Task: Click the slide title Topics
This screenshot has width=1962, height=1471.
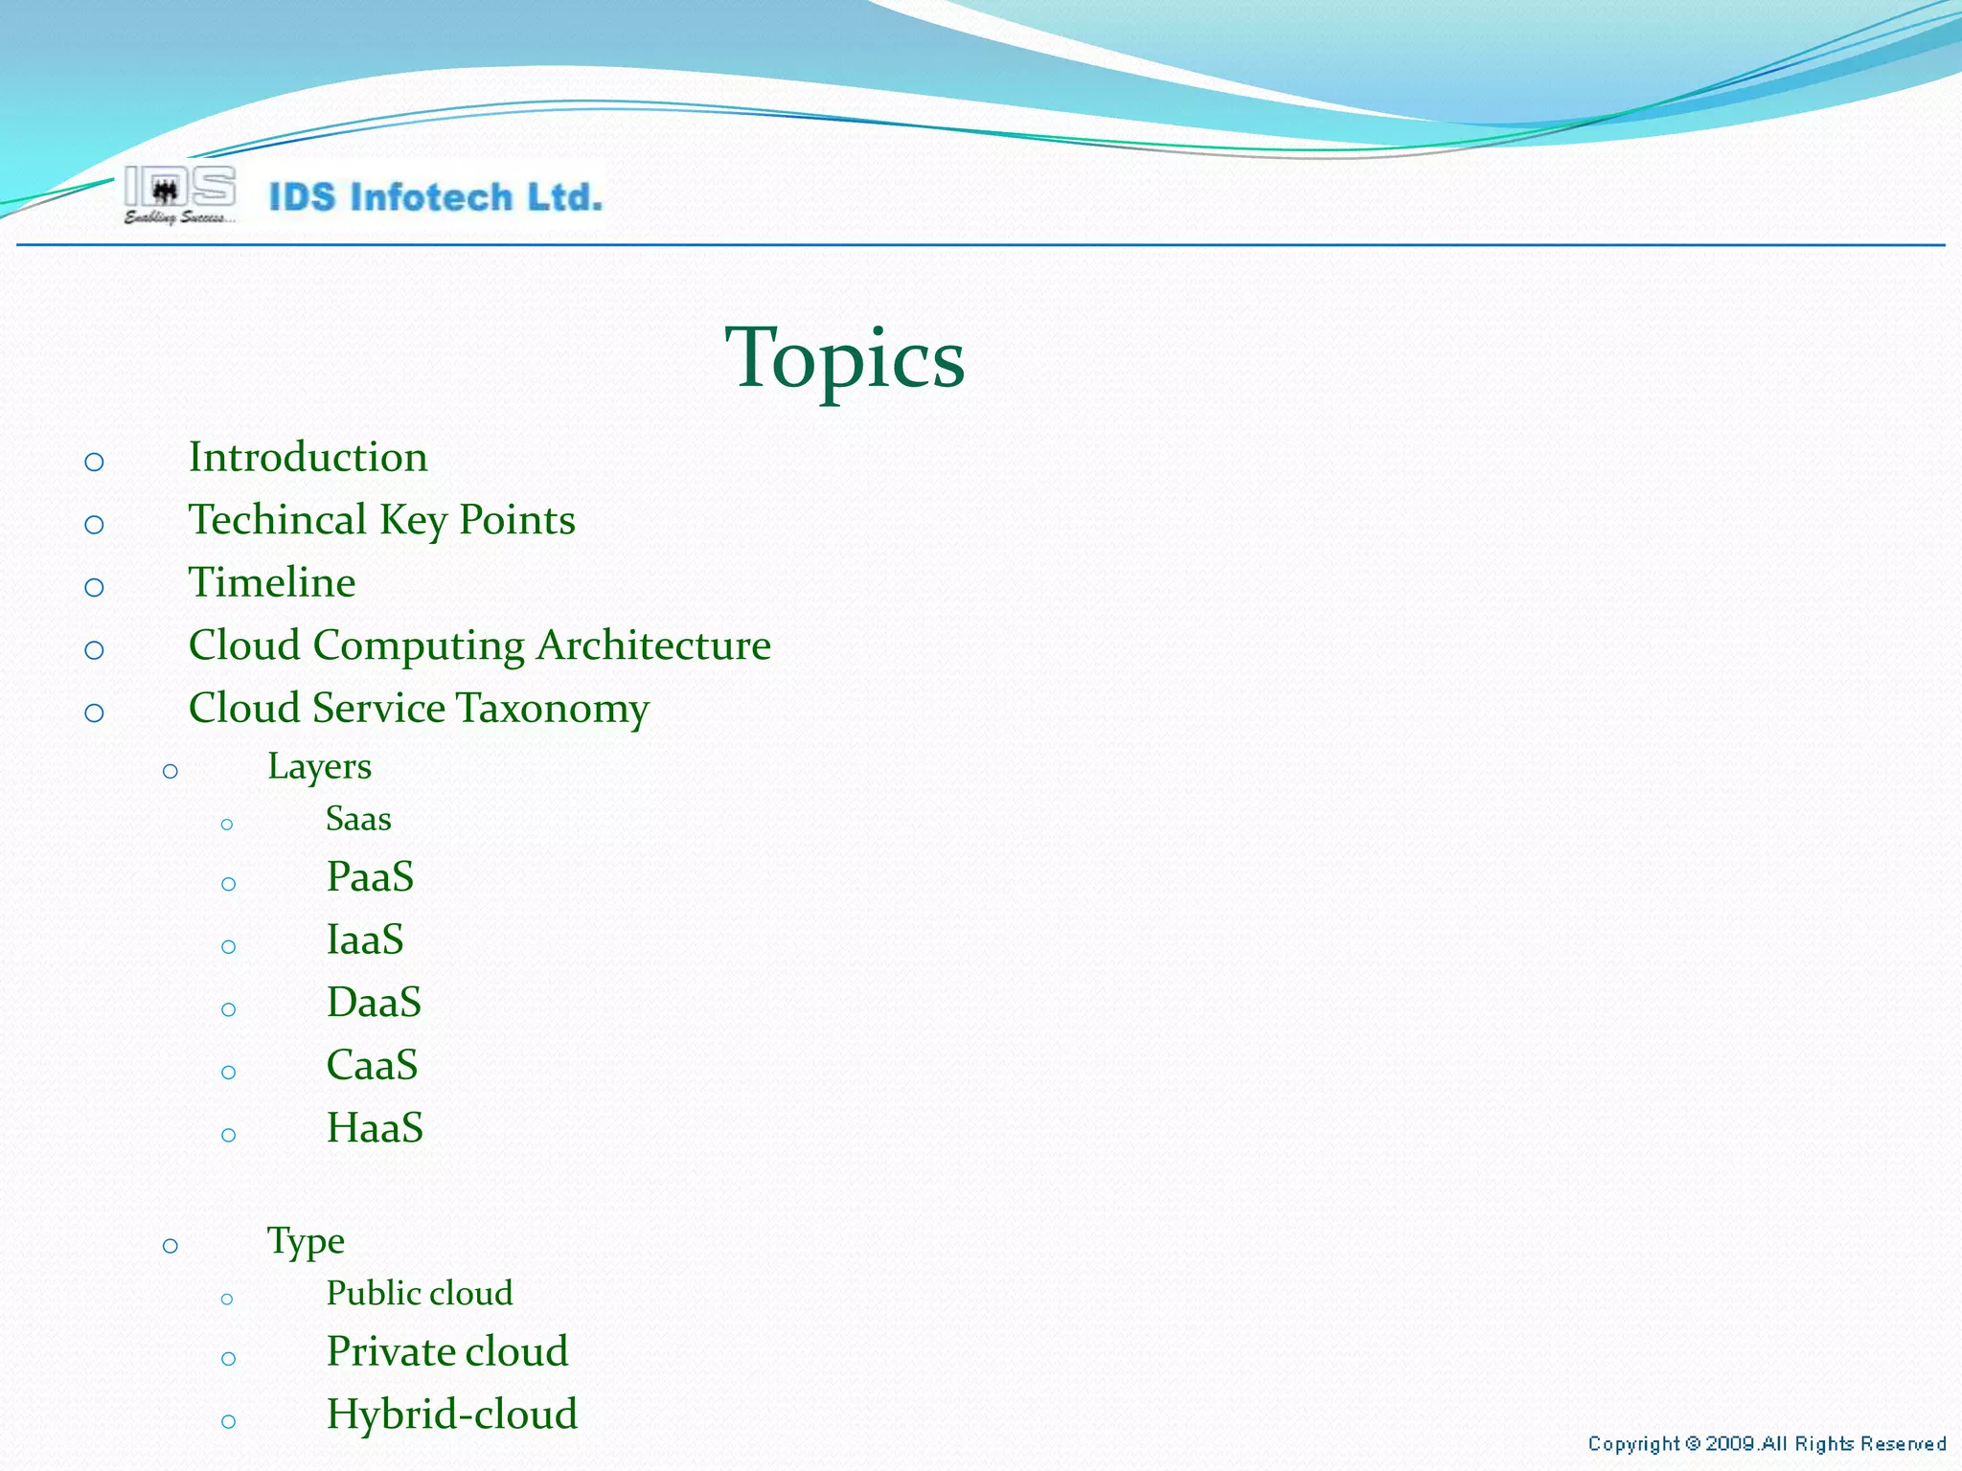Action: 844,358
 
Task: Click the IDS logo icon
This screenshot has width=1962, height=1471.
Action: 179,194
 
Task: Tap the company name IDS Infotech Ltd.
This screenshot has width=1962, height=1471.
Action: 436,197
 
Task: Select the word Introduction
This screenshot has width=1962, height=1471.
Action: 308,457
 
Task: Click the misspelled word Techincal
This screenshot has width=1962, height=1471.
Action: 277,520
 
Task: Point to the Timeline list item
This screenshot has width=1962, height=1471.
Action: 272,582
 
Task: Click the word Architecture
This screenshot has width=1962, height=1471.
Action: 653,645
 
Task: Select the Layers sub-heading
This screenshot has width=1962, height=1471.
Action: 319,767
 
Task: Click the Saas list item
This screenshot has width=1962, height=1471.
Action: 358,820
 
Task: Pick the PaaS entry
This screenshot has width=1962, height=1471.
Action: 370,877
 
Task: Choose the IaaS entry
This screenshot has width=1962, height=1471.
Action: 365,939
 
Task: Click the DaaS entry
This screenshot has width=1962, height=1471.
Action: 374,1003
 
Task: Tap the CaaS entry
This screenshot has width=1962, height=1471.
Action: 372,1066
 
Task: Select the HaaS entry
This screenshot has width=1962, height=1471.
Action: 375,1128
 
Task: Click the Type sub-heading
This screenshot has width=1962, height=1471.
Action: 306,1241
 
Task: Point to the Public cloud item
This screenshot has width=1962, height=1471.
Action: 419,1294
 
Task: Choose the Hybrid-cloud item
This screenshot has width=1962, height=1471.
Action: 451,1414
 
